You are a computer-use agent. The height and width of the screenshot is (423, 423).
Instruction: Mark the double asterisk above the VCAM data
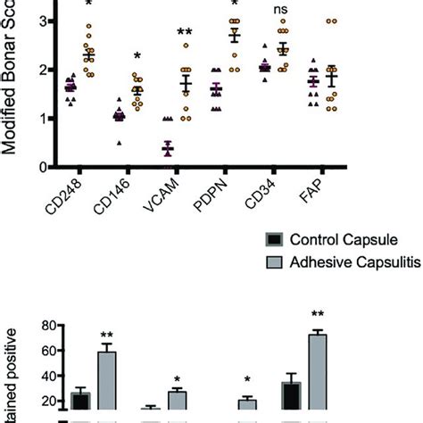coord(185,33)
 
